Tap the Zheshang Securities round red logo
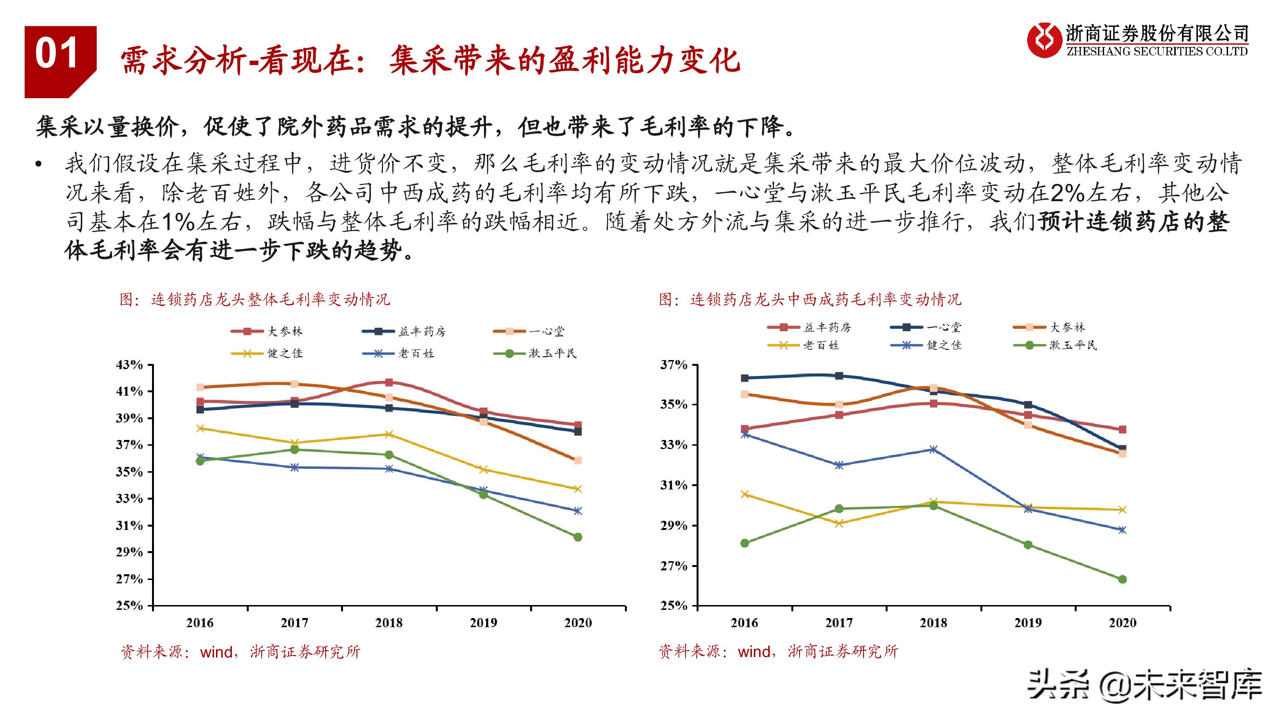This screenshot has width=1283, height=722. [1043, 40]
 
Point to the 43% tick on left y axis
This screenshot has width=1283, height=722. [129, 365]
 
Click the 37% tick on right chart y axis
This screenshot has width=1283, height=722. [673, 365]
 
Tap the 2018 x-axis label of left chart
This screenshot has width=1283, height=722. [389, 623]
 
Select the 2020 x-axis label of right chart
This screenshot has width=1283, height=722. [1122, 623]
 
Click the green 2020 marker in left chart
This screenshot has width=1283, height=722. [578, 537]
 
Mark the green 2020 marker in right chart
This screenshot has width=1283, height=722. [1122, 579]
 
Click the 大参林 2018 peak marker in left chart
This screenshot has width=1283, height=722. [389, 382]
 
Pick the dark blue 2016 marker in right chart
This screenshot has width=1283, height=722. [745, 378]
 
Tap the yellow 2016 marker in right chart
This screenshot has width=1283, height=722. [745, 494]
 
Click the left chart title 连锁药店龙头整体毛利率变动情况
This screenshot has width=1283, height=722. [254, 299]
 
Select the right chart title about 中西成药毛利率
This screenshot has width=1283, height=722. [810, 299]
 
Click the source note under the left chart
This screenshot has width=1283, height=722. [240, 652]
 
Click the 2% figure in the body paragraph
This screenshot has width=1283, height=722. [1067, 193]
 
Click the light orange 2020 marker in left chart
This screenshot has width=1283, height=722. [578, 461]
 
